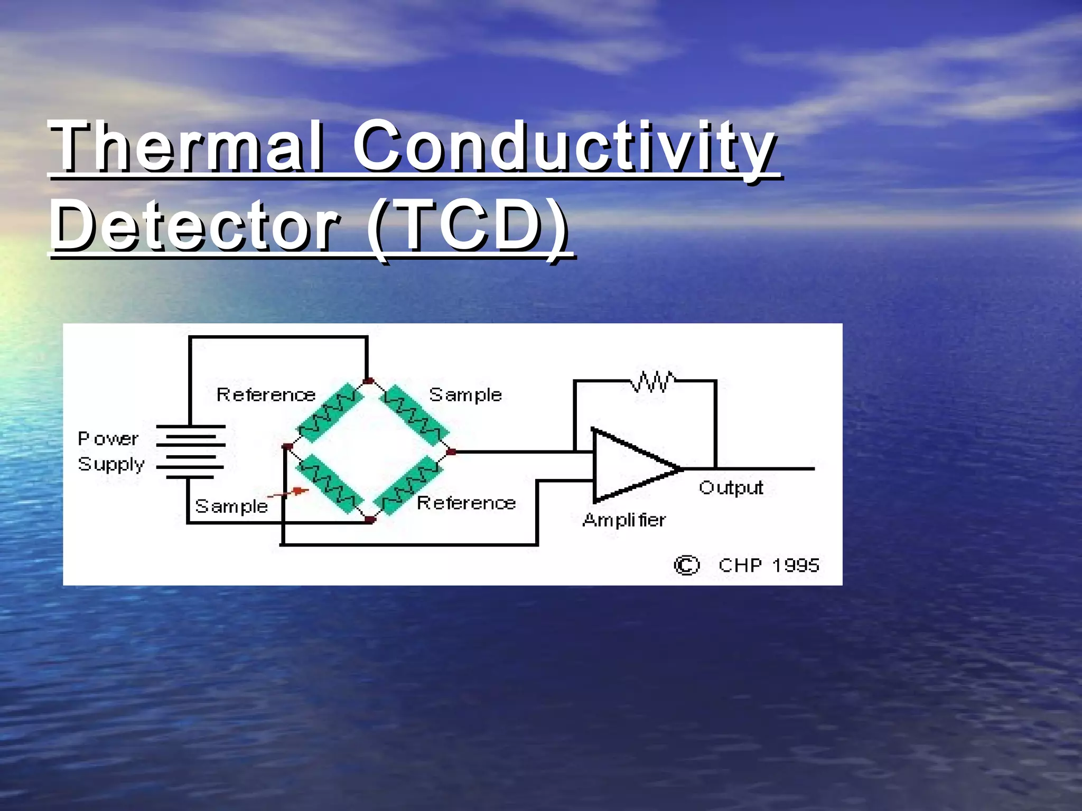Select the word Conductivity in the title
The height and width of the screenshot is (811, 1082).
click(x=564, y=146)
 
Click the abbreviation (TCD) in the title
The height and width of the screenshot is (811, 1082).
click(x=468, y=227)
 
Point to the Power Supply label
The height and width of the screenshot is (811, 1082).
click(x=110, y=451)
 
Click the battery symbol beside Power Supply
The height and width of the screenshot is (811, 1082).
click(x=191, y=452)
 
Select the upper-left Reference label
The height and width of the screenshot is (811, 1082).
click(x=266, y=395)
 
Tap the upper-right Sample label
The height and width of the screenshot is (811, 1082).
click(x=465, y=395)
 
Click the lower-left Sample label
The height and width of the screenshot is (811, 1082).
click(x=231, y=506)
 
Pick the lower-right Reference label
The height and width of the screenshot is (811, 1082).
click(x=466, y=503)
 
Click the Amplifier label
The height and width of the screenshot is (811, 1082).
click(x=624, y=521)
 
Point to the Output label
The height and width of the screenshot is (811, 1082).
click(x=731, y=488)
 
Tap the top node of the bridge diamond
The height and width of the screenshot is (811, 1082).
click(x=369, y=381)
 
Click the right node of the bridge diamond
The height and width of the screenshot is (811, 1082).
click(x=451, y=452)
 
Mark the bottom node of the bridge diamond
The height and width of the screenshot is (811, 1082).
click(x=370, y=520)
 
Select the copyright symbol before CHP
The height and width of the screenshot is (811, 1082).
click(x=686, y=565)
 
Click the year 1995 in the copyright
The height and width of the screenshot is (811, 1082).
click(x=795, y=565)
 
